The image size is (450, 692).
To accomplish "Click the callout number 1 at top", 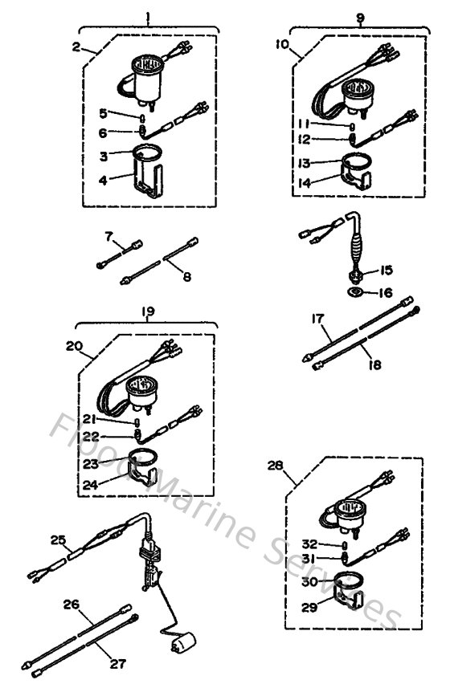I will [x=148, y=15].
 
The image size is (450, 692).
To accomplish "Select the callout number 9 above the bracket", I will [x=361, y=15].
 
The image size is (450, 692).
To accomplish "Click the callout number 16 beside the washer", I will [x=386, y=294].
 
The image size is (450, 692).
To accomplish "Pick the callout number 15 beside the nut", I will [x=386, y=270].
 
